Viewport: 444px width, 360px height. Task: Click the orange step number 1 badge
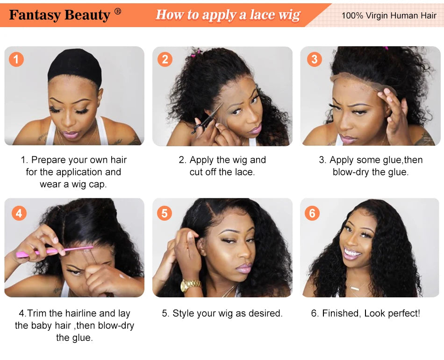tap(16, 59)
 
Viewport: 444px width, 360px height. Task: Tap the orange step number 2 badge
tap(165, 59)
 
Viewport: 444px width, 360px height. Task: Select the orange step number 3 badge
tap(314, 59)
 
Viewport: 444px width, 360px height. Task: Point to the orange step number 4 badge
tap(19, 213)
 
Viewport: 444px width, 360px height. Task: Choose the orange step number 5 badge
tap(165, 213)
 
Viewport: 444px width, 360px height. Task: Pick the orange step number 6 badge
tap(312, 213)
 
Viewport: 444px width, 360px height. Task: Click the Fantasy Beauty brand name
tap(59, 15)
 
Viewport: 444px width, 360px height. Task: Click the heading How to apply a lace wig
tap(228, 15)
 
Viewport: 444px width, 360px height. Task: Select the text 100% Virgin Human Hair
tap(388, 15)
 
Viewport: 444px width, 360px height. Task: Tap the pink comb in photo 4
tap(51, 252)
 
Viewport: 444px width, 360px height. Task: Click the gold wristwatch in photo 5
tap(190, 285)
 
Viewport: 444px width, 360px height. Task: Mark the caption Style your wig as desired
tap(222, 313)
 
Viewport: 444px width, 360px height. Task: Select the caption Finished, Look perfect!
tap(365, 313)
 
